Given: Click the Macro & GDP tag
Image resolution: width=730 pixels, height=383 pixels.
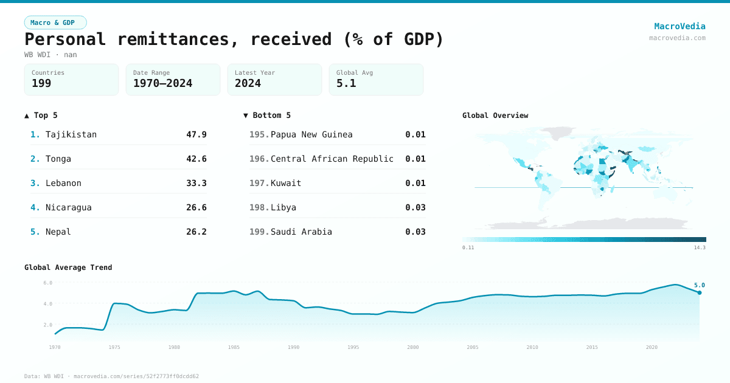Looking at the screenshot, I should pyautogui.click(x=55, y=22).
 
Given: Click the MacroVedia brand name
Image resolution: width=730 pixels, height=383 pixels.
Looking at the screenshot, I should pyautogui.click(x=680, y=26).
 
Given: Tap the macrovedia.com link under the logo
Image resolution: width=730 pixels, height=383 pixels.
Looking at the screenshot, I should pyautogui.click(x=677, y=38).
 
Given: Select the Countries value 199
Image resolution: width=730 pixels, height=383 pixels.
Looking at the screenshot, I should pyautogui.click(x=41, y=83).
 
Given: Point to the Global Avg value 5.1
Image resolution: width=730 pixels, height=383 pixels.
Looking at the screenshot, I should pyautogui.click(x=346, y=83).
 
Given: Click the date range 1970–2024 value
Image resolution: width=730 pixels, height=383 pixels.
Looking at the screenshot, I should pyautogui.click(x=162, y=83).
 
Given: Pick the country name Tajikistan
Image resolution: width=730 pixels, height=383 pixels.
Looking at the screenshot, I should pyautogui.click(x=71, y=134).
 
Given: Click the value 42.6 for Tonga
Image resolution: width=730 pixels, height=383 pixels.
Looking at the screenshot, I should pyautogui.click(x=196, y=159).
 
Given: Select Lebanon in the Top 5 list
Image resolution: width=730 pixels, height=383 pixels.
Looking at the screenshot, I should pyautogui.click(x=63, y=183).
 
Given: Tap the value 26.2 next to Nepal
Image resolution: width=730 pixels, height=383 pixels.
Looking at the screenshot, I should pyautogui.click(x=196, y=232).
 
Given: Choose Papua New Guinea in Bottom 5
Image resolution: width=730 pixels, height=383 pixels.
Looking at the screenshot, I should pyautogui.click(x=311, y=134).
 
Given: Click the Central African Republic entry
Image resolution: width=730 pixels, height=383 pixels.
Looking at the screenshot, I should pyautogui.click(x=332, y=159).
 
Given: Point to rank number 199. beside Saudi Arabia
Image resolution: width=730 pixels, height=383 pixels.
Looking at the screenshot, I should pyautogui.click(x=259, y=232).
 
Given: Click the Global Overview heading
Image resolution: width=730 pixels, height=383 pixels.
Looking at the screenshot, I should pyautogui.click(x=495, y=116).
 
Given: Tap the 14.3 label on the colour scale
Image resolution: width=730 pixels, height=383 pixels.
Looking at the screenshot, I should pyautogui.click(x=700, y=247).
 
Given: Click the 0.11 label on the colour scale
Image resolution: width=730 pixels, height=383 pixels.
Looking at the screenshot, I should pyautogui.click(x=468, y=247).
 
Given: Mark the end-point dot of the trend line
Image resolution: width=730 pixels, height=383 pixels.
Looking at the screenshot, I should pyautogui.click(x=700, y=292).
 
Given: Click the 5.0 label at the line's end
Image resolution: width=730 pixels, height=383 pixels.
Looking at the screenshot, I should pyautogui.click(x=699, y=285).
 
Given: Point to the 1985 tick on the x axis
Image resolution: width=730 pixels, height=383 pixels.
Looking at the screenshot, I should pyautogui.click(x=234, y=347).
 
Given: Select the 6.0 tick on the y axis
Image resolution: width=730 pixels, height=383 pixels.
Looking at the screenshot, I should pyautogui.click(x=48, y=283).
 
